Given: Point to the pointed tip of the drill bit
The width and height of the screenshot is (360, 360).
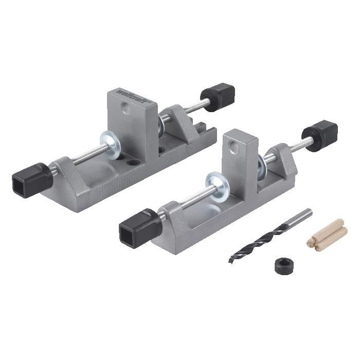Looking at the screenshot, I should [231, 259].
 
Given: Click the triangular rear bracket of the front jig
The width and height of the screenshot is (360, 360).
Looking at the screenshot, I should [280, 159].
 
